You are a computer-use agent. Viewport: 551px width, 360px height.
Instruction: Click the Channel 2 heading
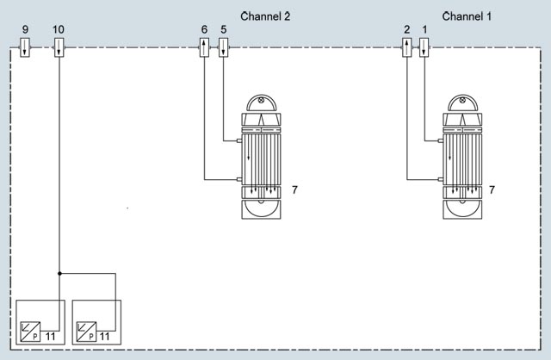[265, 16]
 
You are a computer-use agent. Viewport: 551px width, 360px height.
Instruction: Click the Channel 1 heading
[467, 16]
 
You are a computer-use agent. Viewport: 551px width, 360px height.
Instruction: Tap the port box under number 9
[25, 47]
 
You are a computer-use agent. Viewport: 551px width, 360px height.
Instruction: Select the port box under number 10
[59, 47]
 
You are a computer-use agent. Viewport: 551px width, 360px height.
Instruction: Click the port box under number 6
[205, 47]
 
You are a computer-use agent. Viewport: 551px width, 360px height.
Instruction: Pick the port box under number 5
[224, 47]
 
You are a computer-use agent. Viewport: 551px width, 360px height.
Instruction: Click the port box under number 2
[407, 47]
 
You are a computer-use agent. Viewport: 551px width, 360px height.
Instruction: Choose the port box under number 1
[424, 47]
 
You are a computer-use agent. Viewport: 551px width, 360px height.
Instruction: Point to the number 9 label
[25, 29]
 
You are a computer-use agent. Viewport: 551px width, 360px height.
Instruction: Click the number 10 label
[59, 29]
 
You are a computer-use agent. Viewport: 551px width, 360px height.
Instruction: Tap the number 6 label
[204, 29]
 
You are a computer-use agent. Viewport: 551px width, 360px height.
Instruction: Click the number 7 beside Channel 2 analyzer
[294, 189]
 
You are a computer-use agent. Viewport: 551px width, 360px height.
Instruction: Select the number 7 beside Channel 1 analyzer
[492, 189]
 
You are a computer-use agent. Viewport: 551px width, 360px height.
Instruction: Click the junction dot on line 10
[59, 273]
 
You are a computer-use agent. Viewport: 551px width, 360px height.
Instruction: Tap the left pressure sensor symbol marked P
[30, 332]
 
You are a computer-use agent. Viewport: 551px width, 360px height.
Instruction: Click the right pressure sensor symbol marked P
[86, 332]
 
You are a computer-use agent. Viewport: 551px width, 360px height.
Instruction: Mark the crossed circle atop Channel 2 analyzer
[261, 100]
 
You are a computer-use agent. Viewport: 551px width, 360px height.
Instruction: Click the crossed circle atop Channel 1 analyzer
[462, 100]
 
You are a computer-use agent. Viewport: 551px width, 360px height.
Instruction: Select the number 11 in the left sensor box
[50, 337]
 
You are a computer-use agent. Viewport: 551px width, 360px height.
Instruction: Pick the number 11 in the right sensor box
[104, 337]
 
